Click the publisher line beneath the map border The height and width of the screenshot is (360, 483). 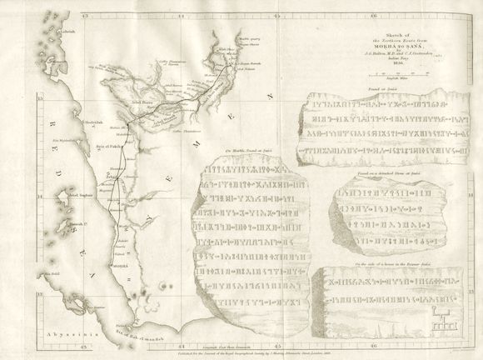click(242, 343)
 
